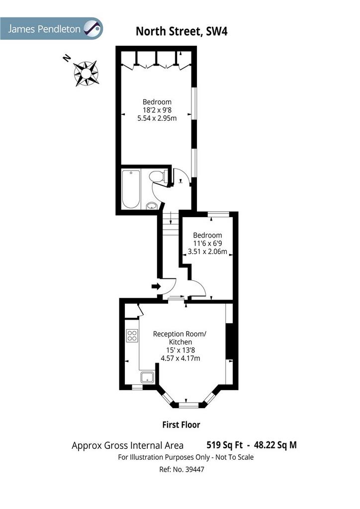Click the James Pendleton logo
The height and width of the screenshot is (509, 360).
tap(51, 28)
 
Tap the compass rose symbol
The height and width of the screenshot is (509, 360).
tap(86, 74)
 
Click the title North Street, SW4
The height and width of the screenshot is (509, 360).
tap(181, 31)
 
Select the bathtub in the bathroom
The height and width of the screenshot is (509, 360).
tap(131, 189)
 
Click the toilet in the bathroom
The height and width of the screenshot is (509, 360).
tap(158, 176)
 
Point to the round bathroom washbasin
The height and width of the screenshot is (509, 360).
tap(152, 205)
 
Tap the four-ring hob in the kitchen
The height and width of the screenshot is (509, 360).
tap(132, 336)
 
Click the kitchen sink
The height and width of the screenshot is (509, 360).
tap(148, 377)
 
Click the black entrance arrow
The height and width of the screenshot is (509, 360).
tap(156, 286)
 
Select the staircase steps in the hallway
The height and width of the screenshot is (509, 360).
tap(171, 224)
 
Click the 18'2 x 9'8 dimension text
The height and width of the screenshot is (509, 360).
tap(157, 110)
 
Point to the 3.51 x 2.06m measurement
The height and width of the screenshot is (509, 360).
tap(207, 251)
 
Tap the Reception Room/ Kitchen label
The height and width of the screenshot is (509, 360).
tap(180, 338)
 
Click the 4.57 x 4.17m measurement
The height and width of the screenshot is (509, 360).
tap(180, 358)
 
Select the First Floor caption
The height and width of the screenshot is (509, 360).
tap(181, 424)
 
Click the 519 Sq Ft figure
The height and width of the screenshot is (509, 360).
tap(225, 445)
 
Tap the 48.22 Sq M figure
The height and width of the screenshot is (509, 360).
tap(275, 445)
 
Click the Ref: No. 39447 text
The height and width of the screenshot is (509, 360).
tap(181, 469)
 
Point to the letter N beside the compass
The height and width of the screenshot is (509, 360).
tap(67, 58)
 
